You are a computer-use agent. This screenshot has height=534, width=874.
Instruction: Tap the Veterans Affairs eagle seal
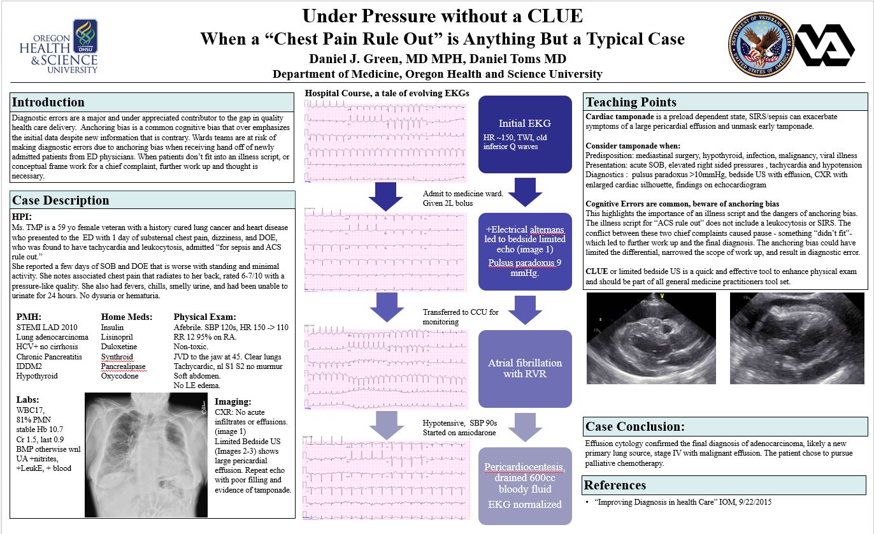pos(758,45)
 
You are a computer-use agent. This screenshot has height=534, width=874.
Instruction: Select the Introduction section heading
pos(48,103)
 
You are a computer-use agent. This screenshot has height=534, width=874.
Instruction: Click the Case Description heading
pos(61,200)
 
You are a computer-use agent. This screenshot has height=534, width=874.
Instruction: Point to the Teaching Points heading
pos(631,103)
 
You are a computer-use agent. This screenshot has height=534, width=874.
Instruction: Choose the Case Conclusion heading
pos(635,426)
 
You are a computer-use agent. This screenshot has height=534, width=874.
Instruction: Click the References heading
pos(615,485)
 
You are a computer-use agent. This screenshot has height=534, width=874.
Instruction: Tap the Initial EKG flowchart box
pos(525,134)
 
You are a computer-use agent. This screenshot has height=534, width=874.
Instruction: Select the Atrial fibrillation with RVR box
pos(524,368)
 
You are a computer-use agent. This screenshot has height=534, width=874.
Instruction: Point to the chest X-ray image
pos(147,454)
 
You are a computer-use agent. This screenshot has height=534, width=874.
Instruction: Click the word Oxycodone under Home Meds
pos(120,376)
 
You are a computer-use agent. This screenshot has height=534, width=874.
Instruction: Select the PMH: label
pos(28,317)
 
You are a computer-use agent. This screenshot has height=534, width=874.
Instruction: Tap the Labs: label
pos(27,400)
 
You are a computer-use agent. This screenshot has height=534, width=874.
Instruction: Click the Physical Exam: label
pos(204,317)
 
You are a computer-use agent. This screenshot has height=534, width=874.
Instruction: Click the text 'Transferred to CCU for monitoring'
pos(461,317)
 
